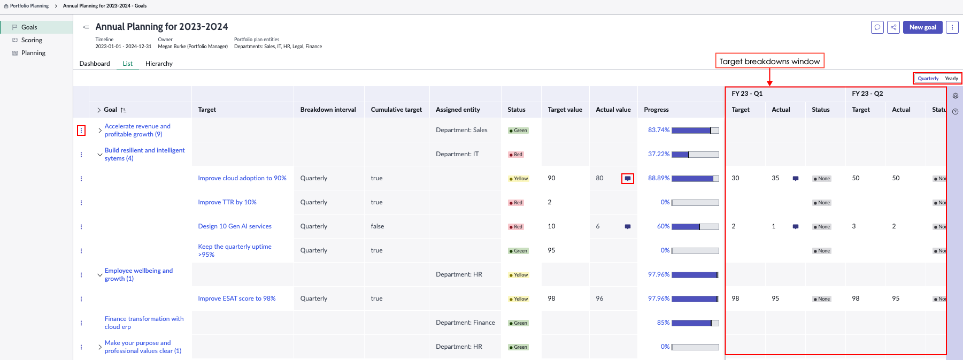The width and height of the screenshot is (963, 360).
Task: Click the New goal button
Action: tap(922, 27)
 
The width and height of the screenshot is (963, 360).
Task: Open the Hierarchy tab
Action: tap(159, 64)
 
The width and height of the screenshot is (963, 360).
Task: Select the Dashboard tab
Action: tap(95, 64)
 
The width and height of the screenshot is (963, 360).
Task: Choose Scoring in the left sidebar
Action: tap(32, 40)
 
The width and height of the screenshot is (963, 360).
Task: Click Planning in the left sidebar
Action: tap(33, 53)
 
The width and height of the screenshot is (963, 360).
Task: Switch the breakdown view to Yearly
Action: tap(951, 79)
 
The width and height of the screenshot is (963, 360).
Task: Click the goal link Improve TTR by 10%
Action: tap(227, 202)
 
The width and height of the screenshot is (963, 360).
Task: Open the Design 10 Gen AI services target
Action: tap(235, 226)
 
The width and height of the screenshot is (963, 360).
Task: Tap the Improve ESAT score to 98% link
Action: tap(237, 298)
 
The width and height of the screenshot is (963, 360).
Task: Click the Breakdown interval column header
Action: tap(328, 110)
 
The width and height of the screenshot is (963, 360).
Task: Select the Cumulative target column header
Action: tap(396, 110)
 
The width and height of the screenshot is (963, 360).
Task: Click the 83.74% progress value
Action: tap(659, 130)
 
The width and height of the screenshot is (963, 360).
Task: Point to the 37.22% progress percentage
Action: tap(659, 154)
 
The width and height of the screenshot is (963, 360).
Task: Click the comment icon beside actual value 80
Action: tap(628, 179)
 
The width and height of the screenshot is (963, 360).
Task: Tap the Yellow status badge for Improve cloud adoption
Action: tap(519, 179)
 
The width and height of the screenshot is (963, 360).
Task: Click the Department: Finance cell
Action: tap(465, 323)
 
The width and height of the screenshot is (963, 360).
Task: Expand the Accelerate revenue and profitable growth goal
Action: tap(100, 131)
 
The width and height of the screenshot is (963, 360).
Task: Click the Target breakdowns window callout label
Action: tap(769, 61)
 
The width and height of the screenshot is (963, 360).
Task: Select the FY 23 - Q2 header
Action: tap(867, 94)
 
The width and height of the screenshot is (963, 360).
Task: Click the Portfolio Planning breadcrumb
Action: tap(29, 6)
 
